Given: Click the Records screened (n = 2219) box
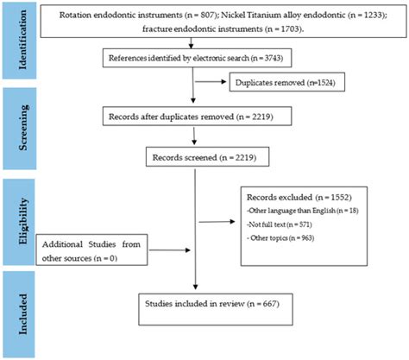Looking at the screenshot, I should [193, 157].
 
